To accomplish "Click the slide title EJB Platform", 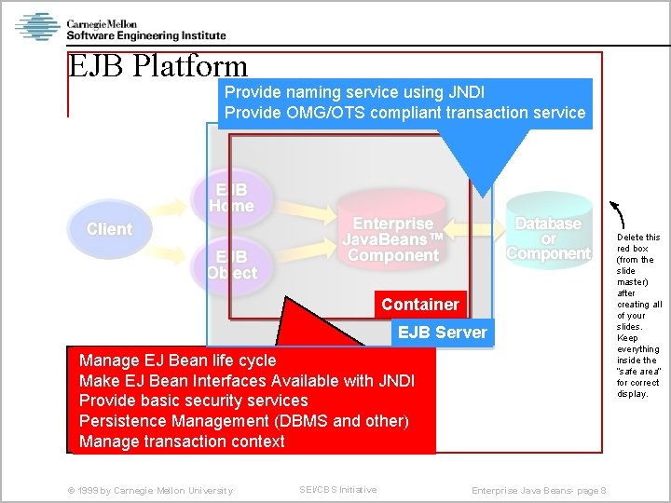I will (158, 66).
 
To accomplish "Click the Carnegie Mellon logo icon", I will (37, 27).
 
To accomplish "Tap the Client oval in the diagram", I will (109, 229).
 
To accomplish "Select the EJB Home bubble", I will (231, 197).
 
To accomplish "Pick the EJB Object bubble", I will (232, 265).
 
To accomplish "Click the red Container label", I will (419, 305).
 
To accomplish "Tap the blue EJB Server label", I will (442, 333).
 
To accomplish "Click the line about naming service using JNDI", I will (354, 92).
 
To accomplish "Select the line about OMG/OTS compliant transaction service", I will (404, 113).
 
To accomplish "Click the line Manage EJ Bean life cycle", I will (178, 360).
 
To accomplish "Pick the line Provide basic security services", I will (194, 401).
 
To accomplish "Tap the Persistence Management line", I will (244, 421).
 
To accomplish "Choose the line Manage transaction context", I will (182, 442).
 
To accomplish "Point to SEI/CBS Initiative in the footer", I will (338, 490).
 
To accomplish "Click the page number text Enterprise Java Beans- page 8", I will (539, 491).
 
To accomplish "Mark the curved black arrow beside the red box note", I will (619, 214).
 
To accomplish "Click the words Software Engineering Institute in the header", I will (146, 35).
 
